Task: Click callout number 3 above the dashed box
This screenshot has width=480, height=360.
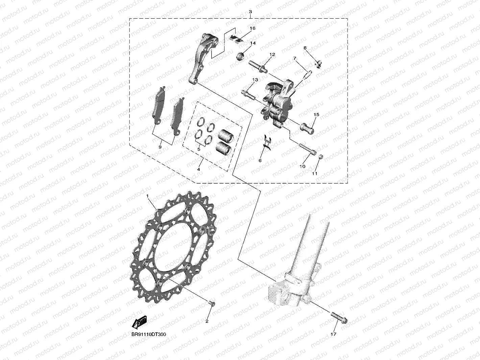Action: click(x=250, y=12)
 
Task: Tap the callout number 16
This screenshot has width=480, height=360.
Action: click(x=253, y=28)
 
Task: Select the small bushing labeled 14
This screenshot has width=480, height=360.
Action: click(x=240, y=57)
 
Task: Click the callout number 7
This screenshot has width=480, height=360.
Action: click(x=295, y=58)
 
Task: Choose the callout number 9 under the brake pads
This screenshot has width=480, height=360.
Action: click(x=160, y=147)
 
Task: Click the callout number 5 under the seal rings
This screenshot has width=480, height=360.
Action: click(x=199, y=149)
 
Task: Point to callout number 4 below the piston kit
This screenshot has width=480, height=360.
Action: click(x=199, y=169)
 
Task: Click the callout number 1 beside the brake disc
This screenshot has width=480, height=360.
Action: click(x=147, y=196)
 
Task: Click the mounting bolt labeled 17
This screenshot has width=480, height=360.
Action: click(x=339, y=318)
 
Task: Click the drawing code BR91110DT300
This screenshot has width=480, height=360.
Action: click(x=149, y=334)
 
